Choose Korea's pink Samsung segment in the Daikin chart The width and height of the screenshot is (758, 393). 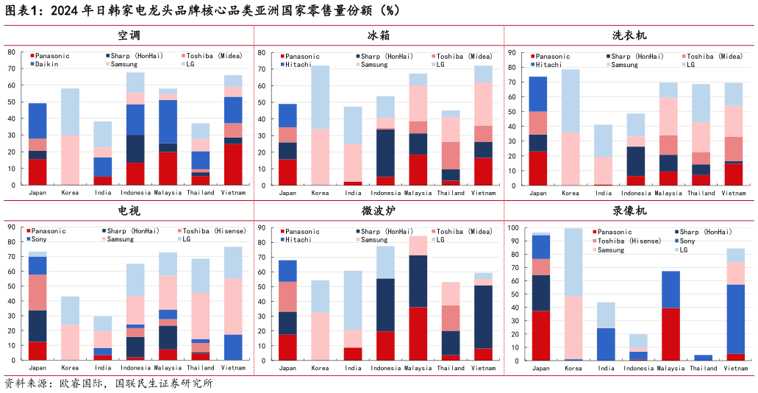coord(70,160)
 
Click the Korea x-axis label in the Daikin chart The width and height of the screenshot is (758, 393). coord(70,193)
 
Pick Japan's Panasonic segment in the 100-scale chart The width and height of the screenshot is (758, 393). coord(541,336)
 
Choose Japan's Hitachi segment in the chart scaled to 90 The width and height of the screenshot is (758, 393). coord(538,94)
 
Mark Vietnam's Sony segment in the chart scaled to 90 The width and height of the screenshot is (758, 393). coord(233,347)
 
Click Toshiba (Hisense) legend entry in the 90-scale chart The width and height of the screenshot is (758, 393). coord(215,231)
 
